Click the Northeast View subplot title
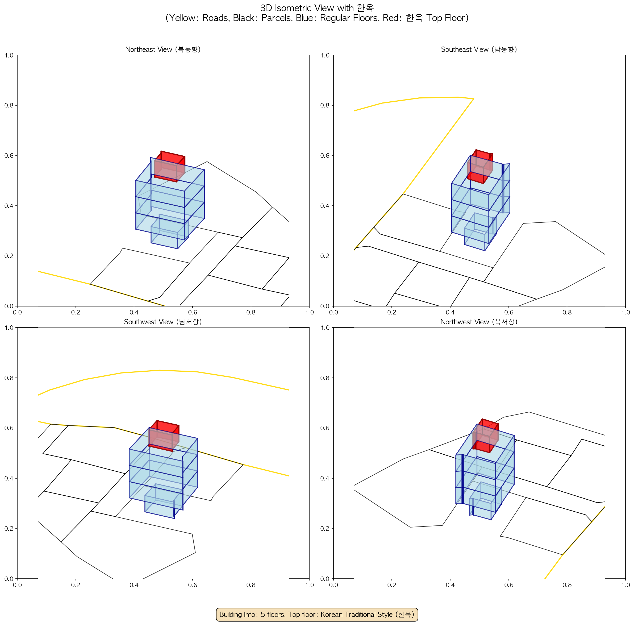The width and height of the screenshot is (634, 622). tap(163, 49)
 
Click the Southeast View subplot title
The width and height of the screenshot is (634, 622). tap(479, 49)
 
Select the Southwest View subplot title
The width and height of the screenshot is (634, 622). tap(163, 322)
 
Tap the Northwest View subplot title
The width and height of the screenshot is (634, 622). tap(479, 322)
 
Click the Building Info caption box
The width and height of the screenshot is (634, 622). tap(317, 614)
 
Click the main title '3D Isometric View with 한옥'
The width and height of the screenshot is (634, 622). tap(317, 8)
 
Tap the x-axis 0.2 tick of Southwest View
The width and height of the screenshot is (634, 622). tap(76, 585)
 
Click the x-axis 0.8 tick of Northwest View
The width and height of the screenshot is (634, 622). tap(567, 585)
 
